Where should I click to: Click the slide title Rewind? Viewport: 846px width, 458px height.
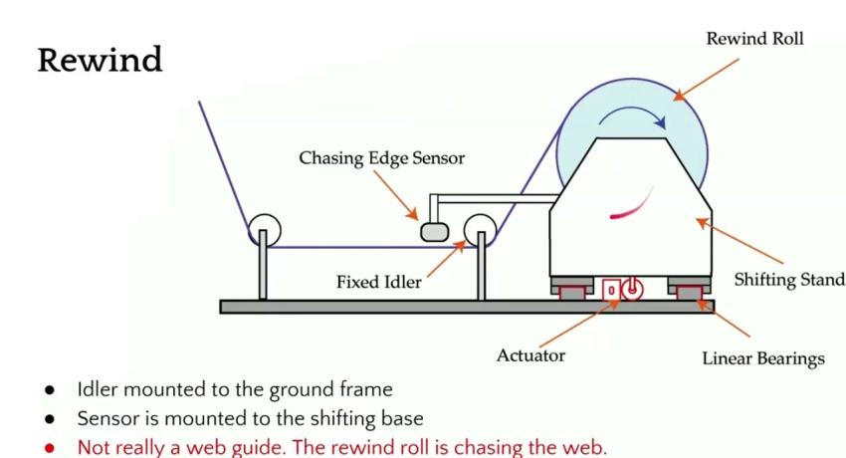[100, 60]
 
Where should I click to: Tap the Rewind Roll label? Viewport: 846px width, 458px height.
[754, 40]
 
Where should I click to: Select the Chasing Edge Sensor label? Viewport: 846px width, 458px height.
[382, 158]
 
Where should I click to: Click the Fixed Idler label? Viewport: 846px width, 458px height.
[378, 282]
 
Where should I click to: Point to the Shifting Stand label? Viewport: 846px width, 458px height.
[787, 280]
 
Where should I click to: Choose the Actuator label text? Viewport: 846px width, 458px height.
[530, 355]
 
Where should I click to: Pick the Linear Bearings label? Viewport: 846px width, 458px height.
[762, 358]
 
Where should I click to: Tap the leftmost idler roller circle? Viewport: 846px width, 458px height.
[264, 230]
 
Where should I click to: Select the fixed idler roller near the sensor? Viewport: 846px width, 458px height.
[480, 230]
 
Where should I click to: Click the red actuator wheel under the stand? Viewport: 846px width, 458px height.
[631, 290]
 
